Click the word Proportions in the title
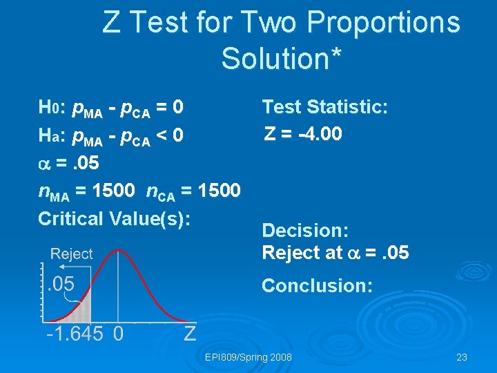(x=383, y=23)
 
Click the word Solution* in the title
(x=281, y=59)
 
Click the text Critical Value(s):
(x=114, y=218)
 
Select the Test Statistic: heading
(x=325, y=107)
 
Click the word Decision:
(x=305, y=229)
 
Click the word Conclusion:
(x=317, y=285)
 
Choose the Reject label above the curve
(x=71, y=254)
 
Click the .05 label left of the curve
(x=61, y=283)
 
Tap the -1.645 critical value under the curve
(x=75, y=334)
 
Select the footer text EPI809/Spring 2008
(x=248, y=357)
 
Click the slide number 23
(x=462, y=357)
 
